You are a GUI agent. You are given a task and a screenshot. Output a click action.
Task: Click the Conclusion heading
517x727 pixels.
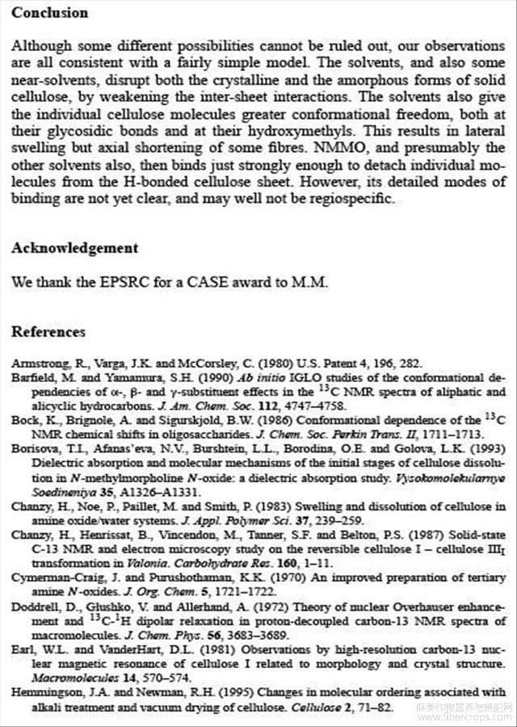49,13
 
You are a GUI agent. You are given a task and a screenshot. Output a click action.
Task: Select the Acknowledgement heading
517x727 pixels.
74,248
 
